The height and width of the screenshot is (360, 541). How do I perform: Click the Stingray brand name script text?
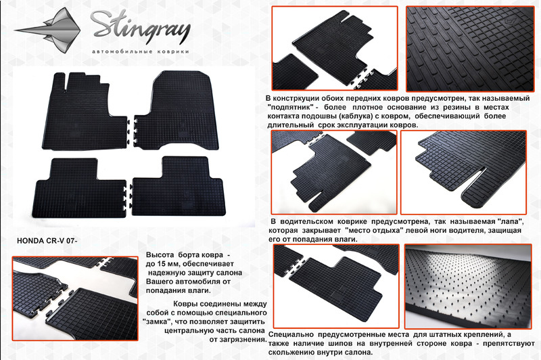pos(141,28)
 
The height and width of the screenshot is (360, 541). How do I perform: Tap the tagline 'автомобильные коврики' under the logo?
pos(141,51)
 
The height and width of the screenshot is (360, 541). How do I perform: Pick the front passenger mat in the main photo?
pos(177,110)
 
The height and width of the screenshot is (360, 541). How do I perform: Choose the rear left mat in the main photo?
pos(78,188)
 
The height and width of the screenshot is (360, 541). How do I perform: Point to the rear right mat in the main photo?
pos(179,186)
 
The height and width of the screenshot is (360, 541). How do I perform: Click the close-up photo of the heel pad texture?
pos(470,49)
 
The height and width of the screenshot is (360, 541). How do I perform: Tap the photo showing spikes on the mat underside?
pos(468,286)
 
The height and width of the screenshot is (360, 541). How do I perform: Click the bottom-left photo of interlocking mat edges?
pos(75,298)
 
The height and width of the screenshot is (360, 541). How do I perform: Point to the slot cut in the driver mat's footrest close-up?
pos(475,179)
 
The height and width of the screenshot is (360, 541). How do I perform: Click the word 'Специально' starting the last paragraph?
pos(291,335)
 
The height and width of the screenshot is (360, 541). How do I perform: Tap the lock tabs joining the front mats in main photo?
pos(131,131)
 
